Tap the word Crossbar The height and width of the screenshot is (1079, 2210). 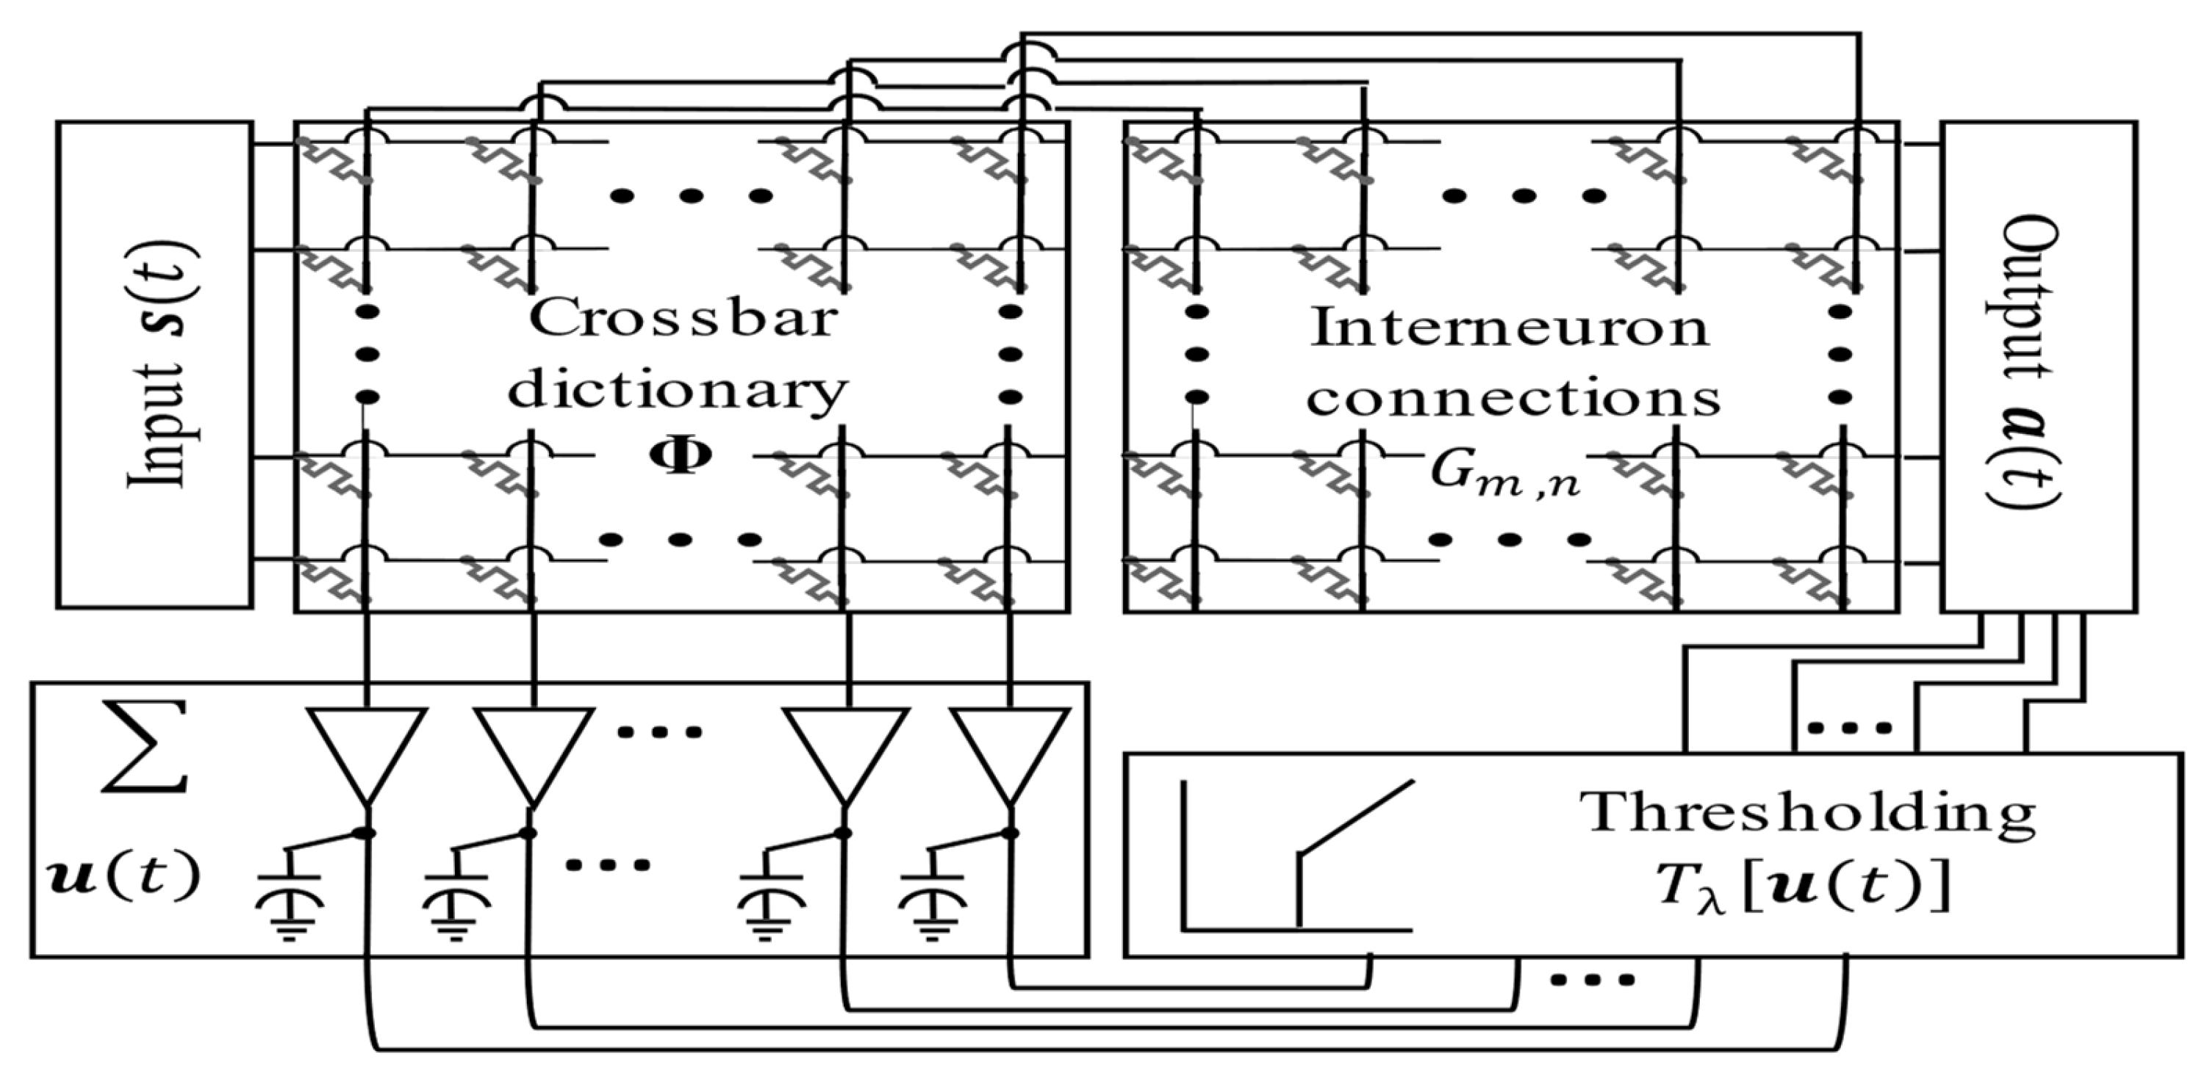tap(682, 319)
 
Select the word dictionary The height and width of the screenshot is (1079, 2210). tap(678, 393)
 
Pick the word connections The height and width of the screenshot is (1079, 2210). tap(1514, 400)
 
